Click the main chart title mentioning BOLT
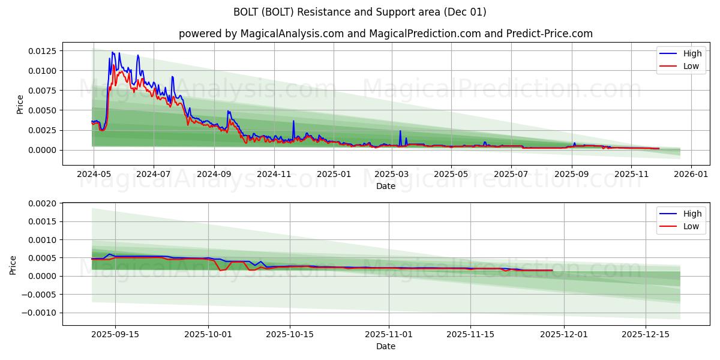[360, 12]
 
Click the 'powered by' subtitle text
[385, 34]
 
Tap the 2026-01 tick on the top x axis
[691, 174]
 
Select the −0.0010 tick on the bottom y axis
[40, 313]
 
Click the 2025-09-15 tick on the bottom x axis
[115, 334]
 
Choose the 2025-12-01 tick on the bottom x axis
[564, 334]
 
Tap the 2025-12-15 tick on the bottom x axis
[645, 334]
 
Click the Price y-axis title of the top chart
[20, 104]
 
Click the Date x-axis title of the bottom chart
[385, 346]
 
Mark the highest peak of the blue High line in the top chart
[112, 52]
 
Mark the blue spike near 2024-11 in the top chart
[293, 121]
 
